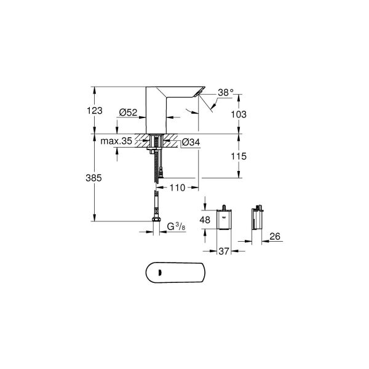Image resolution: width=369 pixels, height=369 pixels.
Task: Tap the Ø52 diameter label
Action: [x=128, y=112]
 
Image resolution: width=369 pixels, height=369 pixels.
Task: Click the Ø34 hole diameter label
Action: [x=190, y=143]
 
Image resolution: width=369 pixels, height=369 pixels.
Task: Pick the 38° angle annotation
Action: [x=226, y=92]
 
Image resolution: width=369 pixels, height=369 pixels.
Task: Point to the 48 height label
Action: [x=206, y=220]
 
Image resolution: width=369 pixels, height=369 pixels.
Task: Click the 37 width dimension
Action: [x=224, y=250]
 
